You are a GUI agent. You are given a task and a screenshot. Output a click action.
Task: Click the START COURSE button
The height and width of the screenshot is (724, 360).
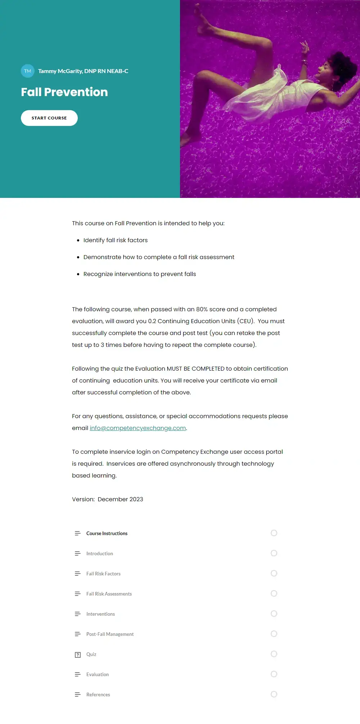pyautogui.click(x=49, y=118)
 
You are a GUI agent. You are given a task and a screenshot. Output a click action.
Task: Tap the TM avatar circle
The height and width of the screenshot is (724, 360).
pyautogui.click(x=28, y=71)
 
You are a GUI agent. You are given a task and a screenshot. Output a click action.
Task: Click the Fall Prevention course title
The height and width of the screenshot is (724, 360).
pyautogui.click(x=64, y=92)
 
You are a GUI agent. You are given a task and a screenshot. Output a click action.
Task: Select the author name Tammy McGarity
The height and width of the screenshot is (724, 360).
pyautogui.click(x=83, y=71)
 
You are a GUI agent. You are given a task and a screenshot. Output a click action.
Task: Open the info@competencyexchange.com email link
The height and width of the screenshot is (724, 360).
pyautogui.click(x=138, y=428)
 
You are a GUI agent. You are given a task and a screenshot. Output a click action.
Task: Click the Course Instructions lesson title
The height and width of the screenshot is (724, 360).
pyautogui.click(x=107, y=534)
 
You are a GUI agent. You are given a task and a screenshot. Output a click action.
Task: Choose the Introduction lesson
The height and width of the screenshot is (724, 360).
pyautogui.click(x=100, y=554)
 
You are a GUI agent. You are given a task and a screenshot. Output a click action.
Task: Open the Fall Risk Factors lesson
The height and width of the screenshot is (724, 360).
pyautogui.click(x=103, y=574)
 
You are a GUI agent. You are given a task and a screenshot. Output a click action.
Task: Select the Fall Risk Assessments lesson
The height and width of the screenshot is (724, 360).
pyautogui.click(x=109, y=594)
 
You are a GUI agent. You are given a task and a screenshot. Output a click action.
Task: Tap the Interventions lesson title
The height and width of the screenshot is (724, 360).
pyautogui.click(x=100, y=614)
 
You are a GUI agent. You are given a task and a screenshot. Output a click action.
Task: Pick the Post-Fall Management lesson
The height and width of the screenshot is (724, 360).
pyautogui.click(x=110, y=634)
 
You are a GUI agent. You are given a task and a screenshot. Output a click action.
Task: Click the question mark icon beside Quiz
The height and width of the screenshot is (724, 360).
pyautogui.click(x=78, y=655)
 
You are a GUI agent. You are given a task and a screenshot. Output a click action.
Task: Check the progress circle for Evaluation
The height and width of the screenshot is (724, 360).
pyautogui.click(x=274, y=674)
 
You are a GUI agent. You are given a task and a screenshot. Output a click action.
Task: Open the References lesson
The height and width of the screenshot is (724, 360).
pyautogui.click(x=98, y=695)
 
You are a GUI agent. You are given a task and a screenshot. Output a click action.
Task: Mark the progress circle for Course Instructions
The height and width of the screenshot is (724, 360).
pyautogui.click(x=274, y=533)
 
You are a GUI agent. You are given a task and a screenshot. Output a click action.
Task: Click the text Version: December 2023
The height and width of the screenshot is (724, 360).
pyautogui.click(x=108, y=499)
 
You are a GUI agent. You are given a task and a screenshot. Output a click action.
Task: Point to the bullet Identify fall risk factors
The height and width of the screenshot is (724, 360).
pyautogui.click(x=116, y=240)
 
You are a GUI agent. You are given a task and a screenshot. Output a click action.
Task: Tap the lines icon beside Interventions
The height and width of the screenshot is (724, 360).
pyautogui.click(x=77, y=614)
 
